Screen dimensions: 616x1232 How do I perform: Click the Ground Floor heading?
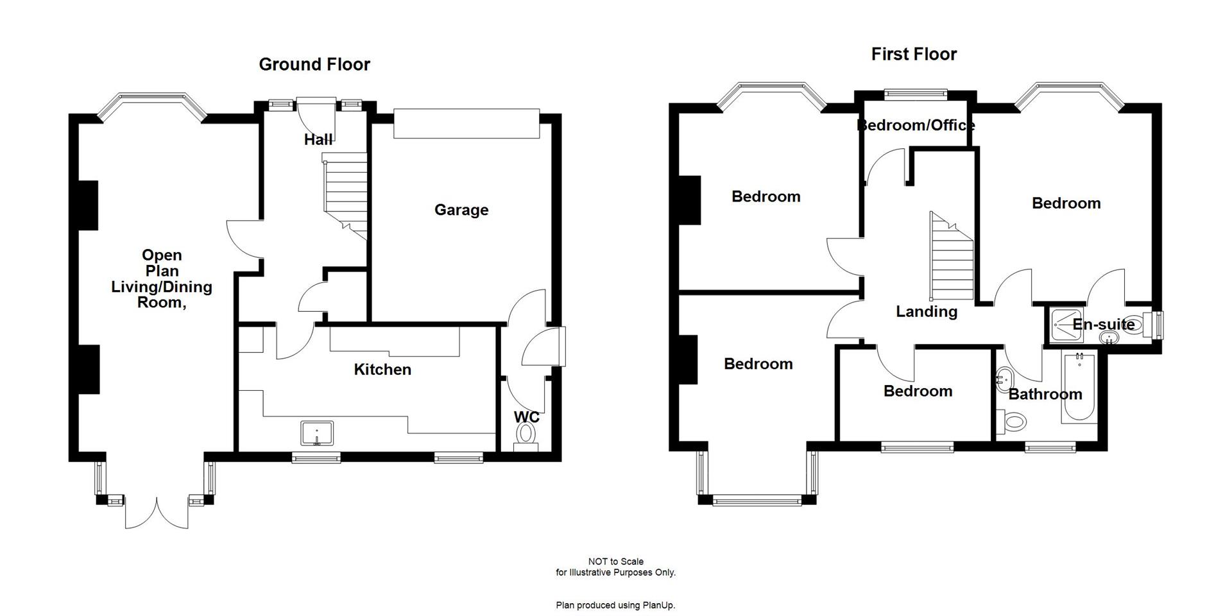tap(314, 64)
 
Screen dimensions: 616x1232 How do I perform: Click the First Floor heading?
tap(914, 54)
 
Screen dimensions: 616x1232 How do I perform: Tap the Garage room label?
tap(461, 210)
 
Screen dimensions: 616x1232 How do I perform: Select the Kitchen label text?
tap(382, 370)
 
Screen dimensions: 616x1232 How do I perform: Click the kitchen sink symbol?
tap(317, 432)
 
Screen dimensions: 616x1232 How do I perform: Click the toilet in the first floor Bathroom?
tap(1013, 422)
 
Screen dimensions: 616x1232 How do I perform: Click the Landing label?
tap(927, 312)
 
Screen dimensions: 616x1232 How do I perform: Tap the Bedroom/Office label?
tap(916, 125)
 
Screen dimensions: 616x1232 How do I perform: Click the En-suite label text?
tap(1104, 325)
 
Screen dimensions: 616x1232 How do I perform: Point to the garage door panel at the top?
tap(466, 123)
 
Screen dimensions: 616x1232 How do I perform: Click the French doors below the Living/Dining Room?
tap(157, 513)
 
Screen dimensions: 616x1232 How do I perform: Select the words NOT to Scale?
tap(616, 561)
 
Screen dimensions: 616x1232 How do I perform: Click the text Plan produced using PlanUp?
tap(616, 605)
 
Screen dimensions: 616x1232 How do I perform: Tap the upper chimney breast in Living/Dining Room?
tap(87, 205)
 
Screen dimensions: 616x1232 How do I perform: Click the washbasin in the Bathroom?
tap(1004, 379)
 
